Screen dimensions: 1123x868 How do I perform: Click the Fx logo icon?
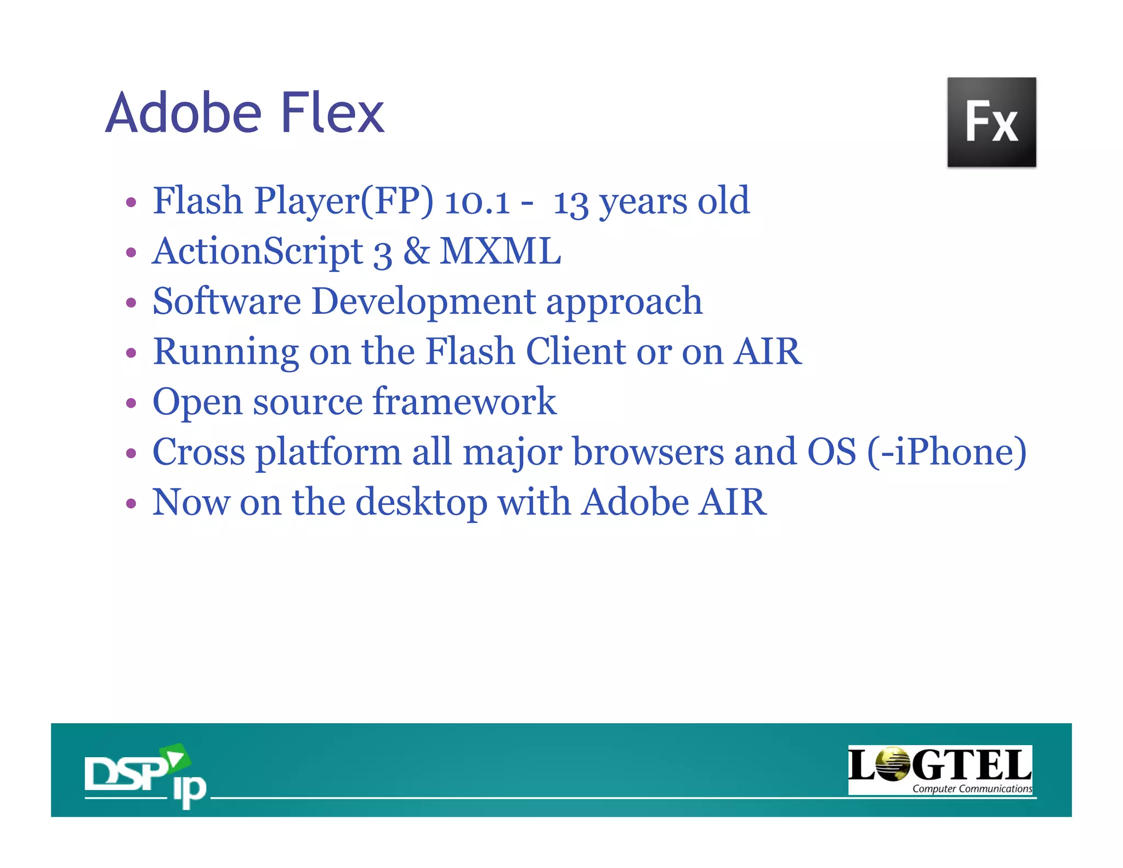pyautogui.click(x=991, y=122)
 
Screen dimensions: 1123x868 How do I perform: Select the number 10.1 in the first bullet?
pyautogui.click(x=477, y=201)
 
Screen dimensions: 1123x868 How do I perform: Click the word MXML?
pyautogui.click(x=500, y=251)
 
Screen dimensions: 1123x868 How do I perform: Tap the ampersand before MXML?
pyautogui.click(x=417, y=251)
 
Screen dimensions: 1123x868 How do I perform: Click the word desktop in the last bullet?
pyautogui.click(x=421, y=503)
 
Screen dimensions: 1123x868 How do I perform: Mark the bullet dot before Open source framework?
pyautogui.click(x=131, y=403)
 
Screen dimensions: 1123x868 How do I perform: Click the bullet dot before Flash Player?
pyautogui.click(x=131, y=202)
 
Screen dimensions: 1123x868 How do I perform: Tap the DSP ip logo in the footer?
pyautogui.click(x=145, y=775)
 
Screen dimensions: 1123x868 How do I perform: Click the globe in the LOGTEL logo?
pyautogui.click(x=892, y=764)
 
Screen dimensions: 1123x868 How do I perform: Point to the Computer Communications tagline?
pyautogui.click(x=972, y=788)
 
